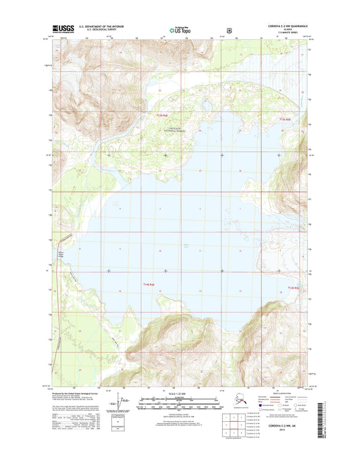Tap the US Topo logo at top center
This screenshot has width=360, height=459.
(180, 30)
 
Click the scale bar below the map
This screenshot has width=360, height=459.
(180, 407)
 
